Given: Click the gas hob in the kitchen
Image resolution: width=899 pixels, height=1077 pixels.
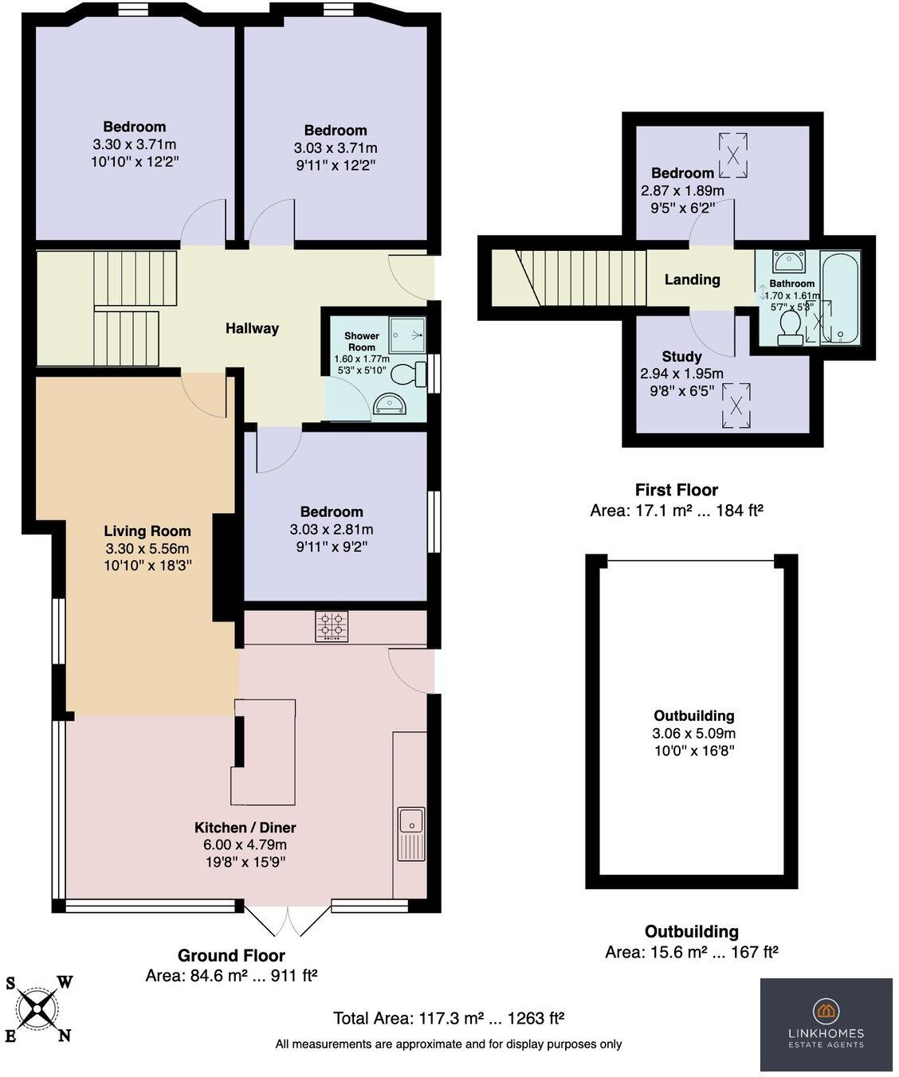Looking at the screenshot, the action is [332, 626].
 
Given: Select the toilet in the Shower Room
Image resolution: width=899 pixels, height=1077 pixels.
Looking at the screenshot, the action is [409, 374].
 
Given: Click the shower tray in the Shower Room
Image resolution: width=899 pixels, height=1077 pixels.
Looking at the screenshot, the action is [407, 335].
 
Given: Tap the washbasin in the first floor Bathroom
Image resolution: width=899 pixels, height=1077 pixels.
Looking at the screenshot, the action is [788, 261].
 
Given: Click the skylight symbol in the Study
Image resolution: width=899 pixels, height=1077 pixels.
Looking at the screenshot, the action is [736, 405].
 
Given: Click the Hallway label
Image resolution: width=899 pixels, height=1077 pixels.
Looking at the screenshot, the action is [252, 328].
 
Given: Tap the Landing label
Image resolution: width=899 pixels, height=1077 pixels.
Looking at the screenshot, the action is [692, 280].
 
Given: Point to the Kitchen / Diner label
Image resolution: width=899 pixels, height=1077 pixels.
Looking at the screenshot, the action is [245, 828].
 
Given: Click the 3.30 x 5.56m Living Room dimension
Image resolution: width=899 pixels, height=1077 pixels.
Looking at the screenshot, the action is [147, 548].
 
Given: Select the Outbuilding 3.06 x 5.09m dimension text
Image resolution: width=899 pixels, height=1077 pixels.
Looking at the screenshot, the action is [693, 733].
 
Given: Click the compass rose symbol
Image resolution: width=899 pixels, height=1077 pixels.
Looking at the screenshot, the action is [37, 1008].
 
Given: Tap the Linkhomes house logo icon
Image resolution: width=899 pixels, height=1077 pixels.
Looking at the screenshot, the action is [826, 1009].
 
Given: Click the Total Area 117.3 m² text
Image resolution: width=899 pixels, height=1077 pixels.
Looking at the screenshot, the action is [448, 1018].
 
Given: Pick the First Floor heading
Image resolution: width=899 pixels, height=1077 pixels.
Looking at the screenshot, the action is [676, 489].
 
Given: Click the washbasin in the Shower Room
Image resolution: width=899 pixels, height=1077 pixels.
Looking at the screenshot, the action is [390, 404].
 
